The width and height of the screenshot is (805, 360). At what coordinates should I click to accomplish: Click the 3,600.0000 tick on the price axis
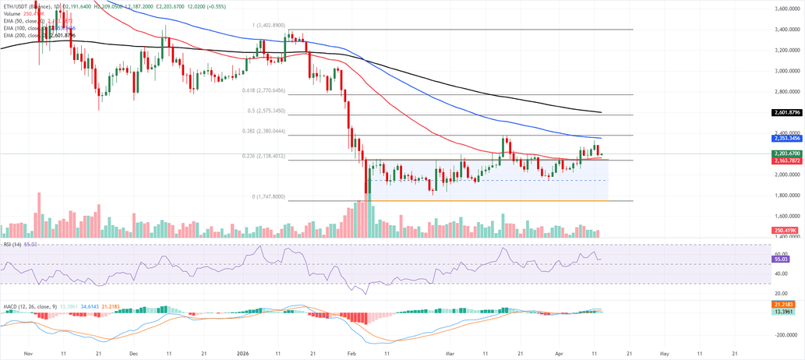pos(787,9)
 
